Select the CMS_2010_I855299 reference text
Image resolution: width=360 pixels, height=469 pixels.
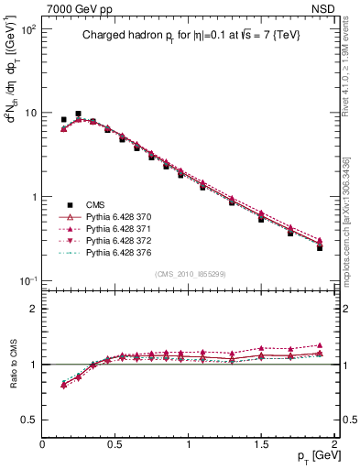(x=191, y=274)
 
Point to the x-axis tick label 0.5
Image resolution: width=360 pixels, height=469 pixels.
(x=115, y=443)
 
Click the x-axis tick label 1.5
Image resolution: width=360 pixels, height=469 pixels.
(x=262, y=443)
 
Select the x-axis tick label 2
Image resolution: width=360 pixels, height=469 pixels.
(x=334, y=443)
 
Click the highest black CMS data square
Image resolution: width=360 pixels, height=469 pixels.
(x=79, y=114)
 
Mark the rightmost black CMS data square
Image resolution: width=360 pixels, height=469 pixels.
(x=320, y=247)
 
